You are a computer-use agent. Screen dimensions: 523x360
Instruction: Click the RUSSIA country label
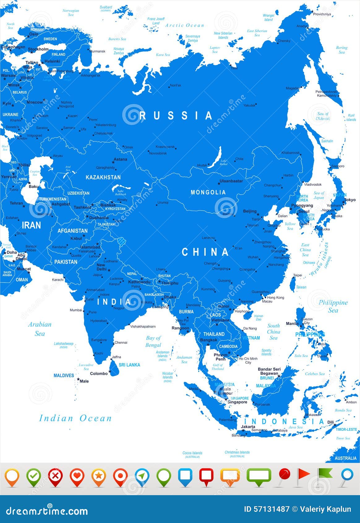[176, 116]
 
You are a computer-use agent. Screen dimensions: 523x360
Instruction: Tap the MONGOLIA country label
[208, 192]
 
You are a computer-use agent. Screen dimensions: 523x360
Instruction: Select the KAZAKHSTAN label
[103, 177]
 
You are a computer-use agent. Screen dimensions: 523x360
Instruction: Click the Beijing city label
[250, 211]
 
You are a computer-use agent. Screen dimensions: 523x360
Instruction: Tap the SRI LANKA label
[129, 365]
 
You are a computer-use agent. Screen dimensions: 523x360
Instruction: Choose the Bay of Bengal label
[153, 341]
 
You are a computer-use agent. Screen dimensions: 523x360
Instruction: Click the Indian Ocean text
[75, 418]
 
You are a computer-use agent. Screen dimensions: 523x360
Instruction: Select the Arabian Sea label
[40, 329]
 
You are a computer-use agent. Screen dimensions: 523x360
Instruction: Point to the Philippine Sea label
[333, 306]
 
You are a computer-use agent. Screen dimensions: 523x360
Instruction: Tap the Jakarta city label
[248, 426]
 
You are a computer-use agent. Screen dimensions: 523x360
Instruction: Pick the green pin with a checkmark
[34, 476]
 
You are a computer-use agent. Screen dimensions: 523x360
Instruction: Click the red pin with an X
[55, 476]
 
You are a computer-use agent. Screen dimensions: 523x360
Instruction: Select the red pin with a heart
[77, 476]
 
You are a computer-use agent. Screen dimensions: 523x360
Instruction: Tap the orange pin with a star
[99, 476]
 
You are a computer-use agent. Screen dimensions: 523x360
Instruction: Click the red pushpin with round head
[284, 475]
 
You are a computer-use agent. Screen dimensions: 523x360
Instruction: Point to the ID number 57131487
[267, 509]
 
